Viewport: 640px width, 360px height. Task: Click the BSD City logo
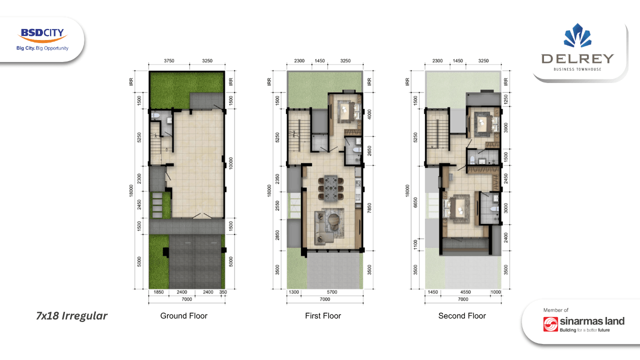click(x=42, y=39)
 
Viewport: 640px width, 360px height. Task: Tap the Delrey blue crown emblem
click(x=577, y=35)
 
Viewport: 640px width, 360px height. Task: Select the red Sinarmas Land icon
click(x=550, y=324)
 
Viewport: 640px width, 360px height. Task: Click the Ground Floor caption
click(x=183, y=315)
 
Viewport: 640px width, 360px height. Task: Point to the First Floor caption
click(x=323, y=315)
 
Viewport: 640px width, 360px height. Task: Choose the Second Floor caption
click(x=462, y=315)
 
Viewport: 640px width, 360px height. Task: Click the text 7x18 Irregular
click(x=71, y=315)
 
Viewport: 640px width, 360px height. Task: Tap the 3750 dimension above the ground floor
click(x=169, y=61)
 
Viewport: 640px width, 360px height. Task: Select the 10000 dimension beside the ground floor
click(x=231, y=163)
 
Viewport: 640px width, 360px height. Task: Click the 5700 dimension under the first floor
click(x=332, y=292)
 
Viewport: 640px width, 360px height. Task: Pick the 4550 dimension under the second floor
click(x=465, y=292)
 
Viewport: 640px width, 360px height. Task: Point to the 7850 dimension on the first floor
click(x=369, y=208)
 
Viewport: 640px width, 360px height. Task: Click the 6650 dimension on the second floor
click(x=415, y=202)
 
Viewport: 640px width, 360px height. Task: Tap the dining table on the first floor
click(x=331, y=187)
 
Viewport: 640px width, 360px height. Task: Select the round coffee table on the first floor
click(x=333, y=220)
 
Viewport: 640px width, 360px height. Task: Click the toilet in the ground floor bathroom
click(x=155, y=115)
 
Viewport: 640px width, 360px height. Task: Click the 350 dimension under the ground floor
click(x=223, y=292)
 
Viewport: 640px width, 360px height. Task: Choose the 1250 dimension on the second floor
click(x=505, y=99)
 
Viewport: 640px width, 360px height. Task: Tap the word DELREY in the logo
click(x=577, y=59)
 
